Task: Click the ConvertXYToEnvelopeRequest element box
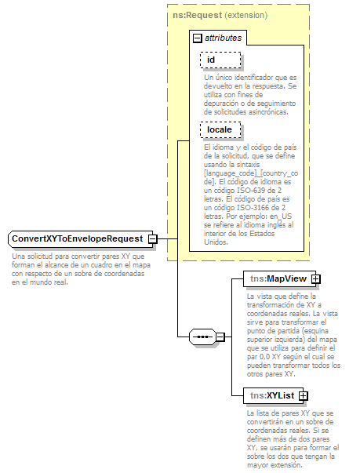77,238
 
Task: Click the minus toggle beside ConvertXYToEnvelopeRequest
154,238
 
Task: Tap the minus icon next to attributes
197,38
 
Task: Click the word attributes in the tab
223,38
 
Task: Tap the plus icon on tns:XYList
303,396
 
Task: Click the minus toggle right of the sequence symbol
220,337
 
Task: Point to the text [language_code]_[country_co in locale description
250,173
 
